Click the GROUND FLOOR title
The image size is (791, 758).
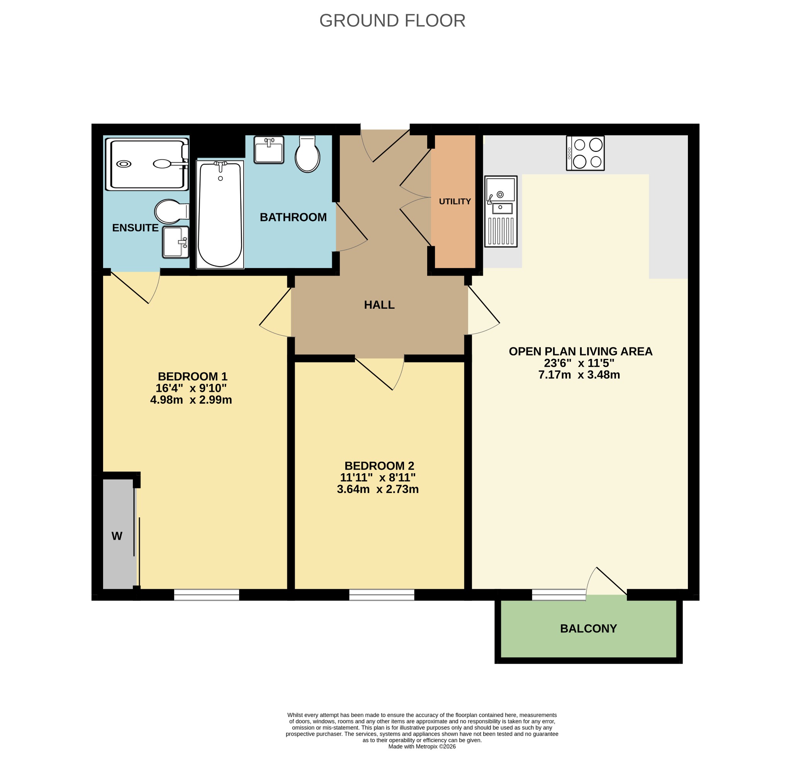(392, 20)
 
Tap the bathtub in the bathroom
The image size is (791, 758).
(220, 214)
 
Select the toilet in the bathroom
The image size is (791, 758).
(307, 154)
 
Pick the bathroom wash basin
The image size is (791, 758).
(269, 150)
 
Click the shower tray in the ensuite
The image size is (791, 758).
(147, 164)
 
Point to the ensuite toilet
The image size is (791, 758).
(172, 211)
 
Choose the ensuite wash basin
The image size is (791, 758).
(176, 242)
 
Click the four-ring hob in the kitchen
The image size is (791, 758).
(585, 153)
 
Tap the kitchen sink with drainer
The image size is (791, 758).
(501, 211)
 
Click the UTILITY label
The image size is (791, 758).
(455, 201)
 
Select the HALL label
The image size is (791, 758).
(379, 305)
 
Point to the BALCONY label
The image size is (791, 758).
(588, 629)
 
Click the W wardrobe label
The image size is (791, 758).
(117, 536)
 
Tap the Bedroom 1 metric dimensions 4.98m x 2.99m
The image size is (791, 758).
(191, 399)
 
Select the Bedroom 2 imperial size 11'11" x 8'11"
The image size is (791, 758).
(378, 478)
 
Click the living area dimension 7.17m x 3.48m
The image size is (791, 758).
(579, 375)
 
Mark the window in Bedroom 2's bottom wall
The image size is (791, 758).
(382, 595)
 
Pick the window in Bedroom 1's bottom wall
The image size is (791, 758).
(207, 595)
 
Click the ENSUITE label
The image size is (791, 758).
(135, 228)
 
